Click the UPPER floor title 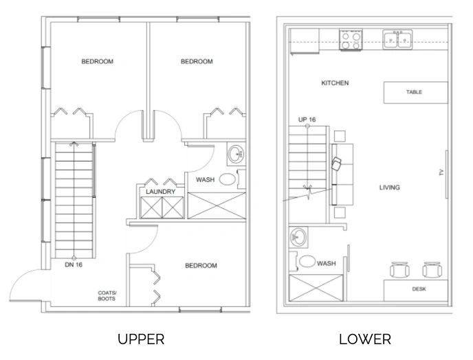point(141,339)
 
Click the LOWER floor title point(365,339)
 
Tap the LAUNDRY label point(160,192)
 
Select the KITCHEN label point(335,83)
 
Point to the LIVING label point(389,188)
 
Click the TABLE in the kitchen point(415,93)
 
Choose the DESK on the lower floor point(416,291)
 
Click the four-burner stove point(351,39)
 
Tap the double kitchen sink point(397,39)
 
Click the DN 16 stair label point(74,265)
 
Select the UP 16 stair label point(307,120)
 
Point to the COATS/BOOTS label point(107,296)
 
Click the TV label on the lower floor point(441,172)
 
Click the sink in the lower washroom point(298,237)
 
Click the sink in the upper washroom point(236,154)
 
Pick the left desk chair point(399,270)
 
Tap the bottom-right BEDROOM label point(201,266)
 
